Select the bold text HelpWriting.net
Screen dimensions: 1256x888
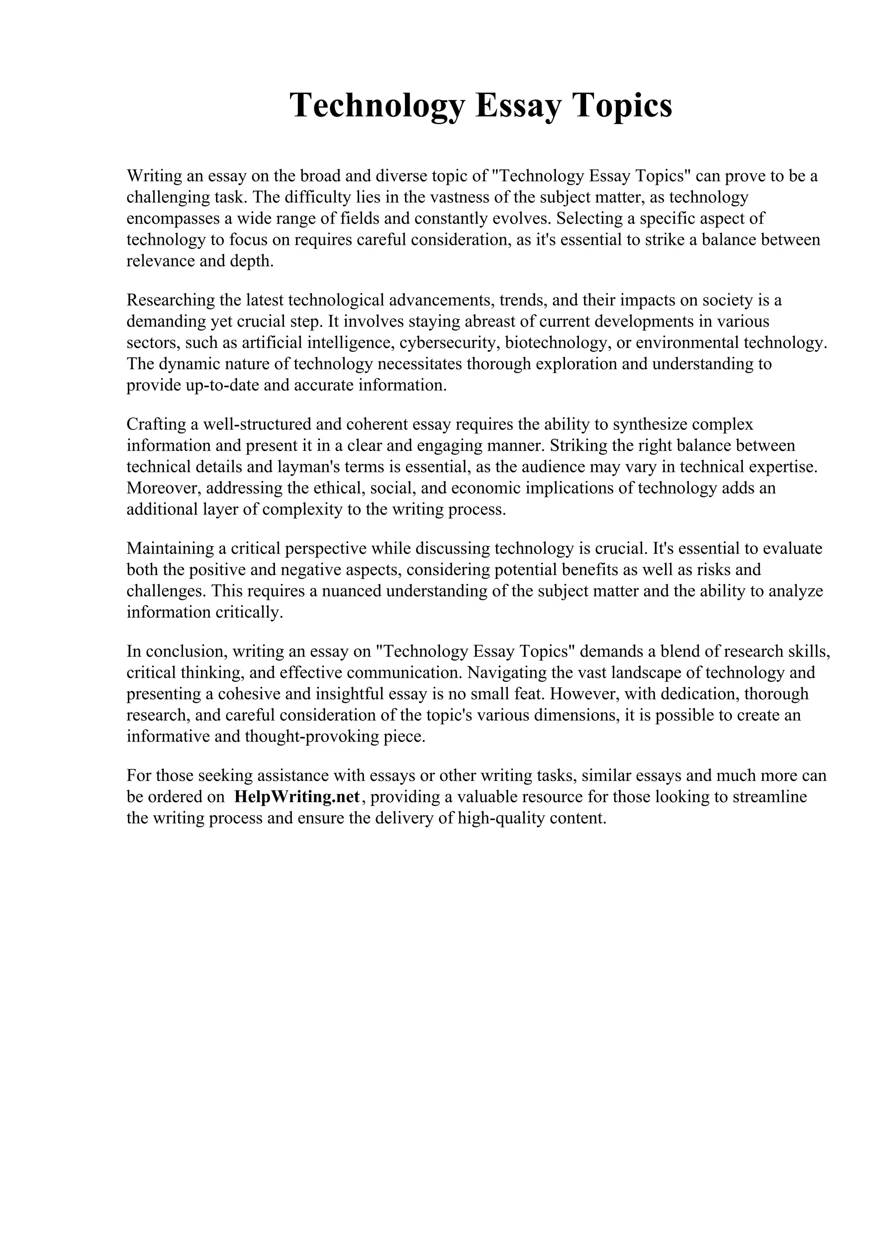297,797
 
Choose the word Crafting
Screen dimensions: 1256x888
154,424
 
